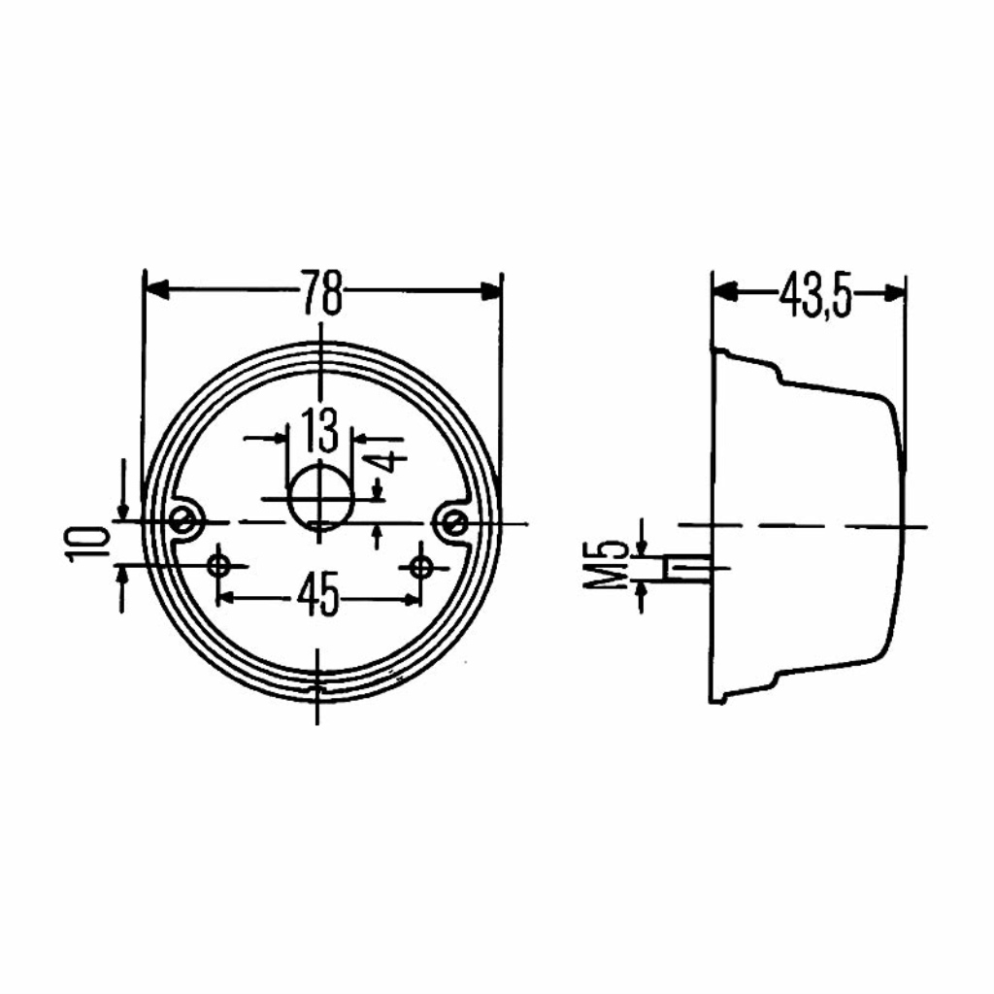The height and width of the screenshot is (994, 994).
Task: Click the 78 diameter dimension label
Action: click(x=321, y=292)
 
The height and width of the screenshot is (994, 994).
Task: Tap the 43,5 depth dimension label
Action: click(x=815, y=295)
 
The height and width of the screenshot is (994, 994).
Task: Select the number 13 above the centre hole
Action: click(x=320, y=430)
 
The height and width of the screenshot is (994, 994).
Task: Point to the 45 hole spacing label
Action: click(x=318, y=594)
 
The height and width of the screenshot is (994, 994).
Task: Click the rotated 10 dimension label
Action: click(x=86, y=544)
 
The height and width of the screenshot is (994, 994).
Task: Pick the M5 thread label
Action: click(x=605, y=565)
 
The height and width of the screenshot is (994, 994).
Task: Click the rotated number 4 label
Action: click(x=387, y=461)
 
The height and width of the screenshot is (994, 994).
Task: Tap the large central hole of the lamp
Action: click(x=320, y=497)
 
